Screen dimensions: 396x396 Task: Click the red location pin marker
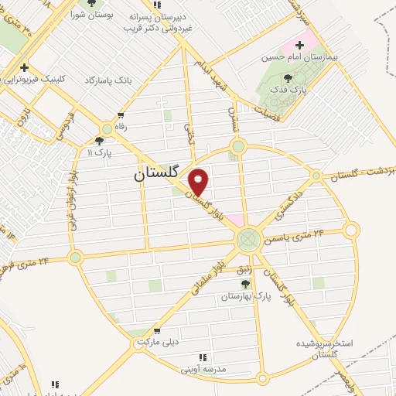[199, 182]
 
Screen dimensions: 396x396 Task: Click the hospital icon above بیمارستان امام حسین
[299, 45]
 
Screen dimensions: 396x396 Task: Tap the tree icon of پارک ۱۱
[98, 140]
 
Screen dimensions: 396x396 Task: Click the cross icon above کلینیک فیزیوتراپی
[26, 67]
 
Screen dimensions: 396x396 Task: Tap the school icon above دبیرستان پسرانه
[179, 5]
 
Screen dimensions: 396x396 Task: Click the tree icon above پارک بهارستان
[245, 284]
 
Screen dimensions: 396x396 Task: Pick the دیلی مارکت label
[157, 341]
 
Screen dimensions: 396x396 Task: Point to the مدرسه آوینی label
[203, 369]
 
